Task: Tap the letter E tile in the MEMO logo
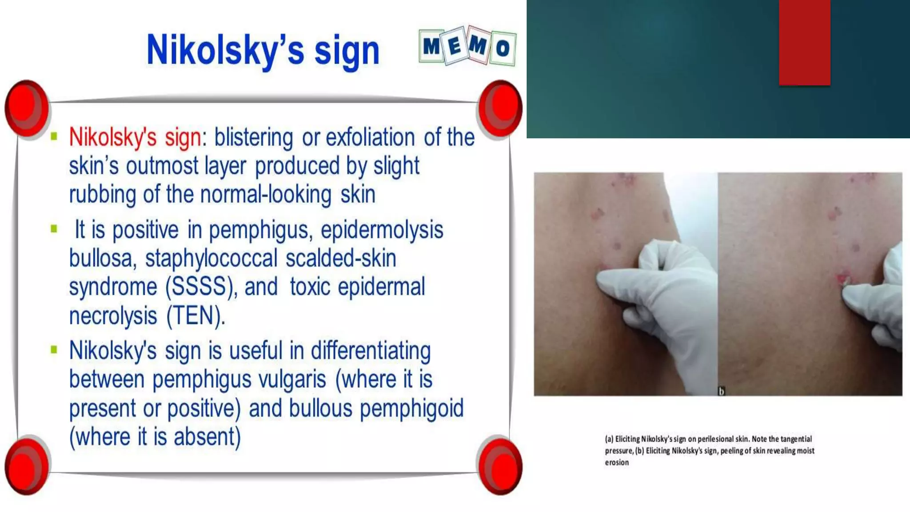tap(455, 45)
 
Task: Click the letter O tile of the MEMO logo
tap(503, 48)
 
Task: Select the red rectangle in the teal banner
tap(804, 42)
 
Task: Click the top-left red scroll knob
tap(27, 108)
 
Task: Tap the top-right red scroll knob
tap(499, 108)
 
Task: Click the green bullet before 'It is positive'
tap(54, 229)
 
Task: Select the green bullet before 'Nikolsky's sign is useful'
tap(54, 350)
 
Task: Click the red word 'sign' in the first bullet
tap(183, 137)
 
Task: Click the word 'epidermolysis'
tap(382, 230)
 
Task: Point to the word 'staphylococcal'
tap(211, 258)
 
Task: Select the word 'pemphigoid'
tap(411, 408)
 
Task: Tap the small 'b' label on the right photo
tap(722, 391)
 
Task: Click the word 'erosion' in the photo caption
tap(617, 463)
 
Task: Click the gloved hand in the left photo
tap(662, 293)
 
